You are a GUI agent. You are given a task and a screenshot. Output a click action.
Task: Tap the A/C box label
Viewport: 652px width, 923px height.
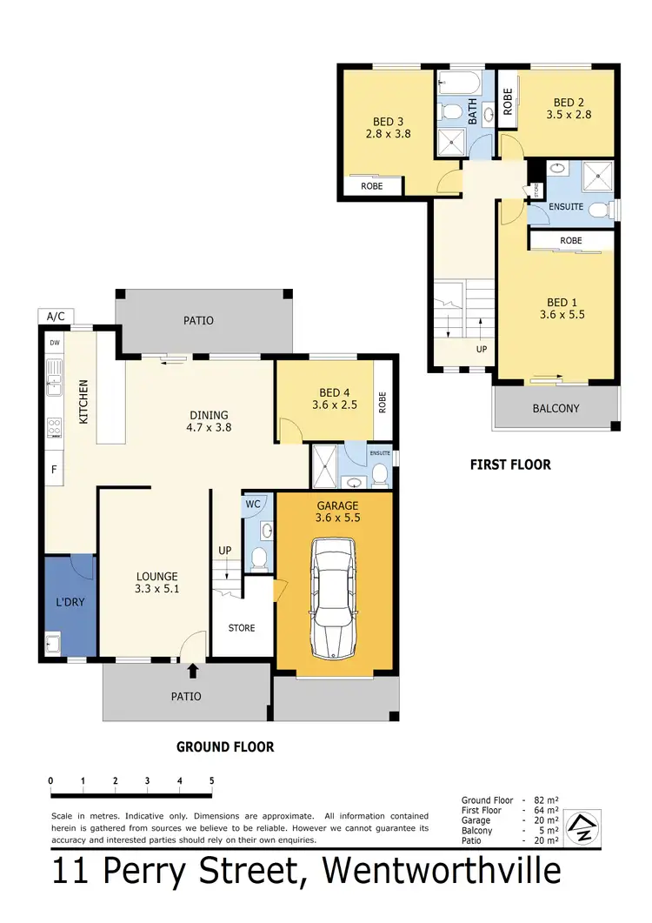(x=56, y=316)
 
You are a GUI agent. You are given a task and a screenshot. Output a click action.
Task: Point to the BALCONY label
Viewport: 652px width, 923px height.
(x=556, y=408)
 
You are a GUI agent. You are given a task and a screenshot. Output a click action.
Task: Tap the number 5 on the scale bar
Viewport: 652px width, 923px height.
(x=211, y=780)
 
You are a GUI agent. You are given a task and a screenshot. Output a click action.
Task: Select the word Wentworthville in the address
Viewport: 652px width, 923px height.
(x=442, y=872)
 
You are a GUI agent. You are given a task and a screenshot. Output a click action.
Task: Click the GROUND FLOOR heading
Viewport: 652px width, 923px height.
(x=225, y=746)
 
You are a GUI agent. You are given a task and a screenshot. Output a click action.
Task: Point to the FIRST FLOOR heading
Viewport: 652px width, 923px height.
(x=510, y=465)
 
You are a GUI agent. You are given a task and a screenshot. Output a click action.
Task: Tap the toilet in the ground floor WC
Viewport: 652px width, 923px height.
(x=258, y=558)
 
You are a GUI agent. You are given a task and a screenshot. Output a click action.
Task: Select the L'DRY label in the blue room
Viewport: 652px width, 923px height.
(x=70, y=601)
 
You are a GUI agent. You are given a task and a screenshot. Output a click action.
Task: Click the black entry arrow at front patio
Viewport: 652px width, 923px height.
(x=192, y=668)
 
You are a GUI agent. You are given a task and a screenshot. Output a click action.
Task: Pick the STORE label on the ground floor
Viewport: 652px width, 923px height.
(x=242, y=627)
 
